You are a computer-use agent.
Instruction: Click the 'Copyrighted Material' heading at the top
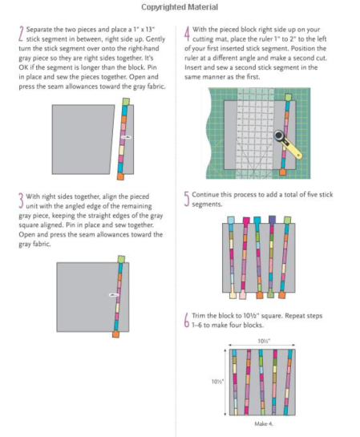(x=180, y=7)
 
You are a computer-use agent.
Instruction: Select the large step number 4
(x=187, y=34)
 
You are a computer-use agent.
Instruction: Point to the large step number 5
(x=187, y=198)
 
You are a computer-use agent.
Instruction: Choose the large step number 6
(x=187, y=320)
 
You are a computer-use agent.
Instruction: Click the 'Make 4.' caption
(x=264, y=423)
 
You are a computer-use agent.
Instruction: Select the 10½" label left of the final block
(x=216, y=381)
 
